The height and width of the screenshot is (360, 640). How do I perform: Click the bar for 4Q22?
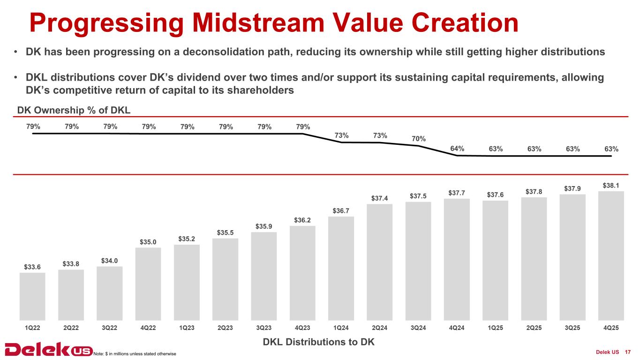148,284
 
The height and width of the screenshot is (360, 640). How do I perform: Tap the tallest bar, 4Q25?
611,255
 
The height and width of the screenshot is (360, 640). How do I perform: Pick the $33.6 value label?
32,267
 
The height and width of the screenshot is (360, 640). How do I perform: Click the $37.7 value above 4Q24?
457,193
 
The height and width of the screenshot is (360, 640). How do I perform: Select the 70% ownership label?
419,139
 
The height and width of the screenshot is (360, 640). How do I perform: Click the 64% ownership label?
457,149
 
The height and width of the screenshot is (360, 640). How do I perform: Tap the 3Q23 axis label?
264,328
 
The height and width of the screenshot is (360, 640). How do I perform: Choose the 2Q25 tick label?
534,328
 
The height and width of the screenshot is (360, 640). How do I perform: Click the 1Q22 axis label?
32,328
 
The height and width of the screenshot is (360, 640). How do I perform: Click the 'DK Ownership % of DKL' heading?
74,110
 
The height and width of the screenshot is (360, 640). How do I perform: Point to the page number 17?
628,352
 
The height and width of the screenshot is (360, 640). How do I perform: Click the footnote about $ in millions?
135,353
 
